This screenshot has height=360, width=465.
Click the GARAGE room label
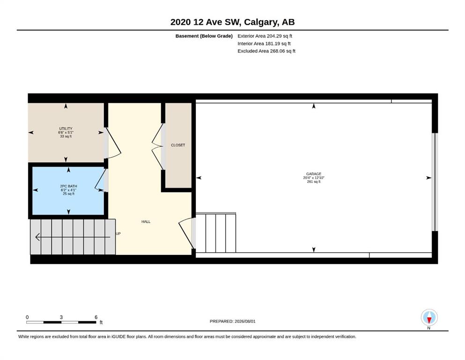(313, 174)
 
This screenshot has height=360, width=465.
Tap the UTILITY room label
(66, 129)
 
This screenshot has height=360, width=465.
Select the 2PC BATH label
(68, 186)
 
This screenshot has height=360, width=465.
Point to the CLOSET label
(178, 145)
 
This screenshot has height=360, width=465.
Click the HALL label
(146, 222)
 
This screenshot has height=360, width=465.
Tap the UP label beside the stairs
(118, 233)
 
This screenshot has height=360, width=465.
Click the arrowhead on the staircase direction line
(37, 237)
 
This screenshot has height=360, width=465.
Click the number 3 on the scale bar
(61, 317)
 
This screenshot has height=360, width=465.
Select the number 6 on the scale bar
(96, 317)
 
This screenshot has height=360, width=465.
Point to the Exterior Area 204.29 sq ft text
(265, 36)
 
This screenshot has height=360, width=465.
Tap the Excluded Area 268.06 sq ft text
(266, 51)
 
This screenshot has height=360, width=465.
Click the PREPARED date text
(232, 321)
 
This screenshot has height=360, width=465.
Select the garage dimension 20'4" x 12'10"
(313, 178)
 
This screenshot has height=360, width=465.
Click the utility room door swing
(113, 143)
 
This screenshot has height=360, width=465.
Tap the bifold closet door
(158, 147)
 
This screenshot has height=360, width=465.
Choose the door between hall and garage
(187, 233)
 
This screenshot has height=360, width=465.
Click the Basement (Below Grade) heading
(204, 36)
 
